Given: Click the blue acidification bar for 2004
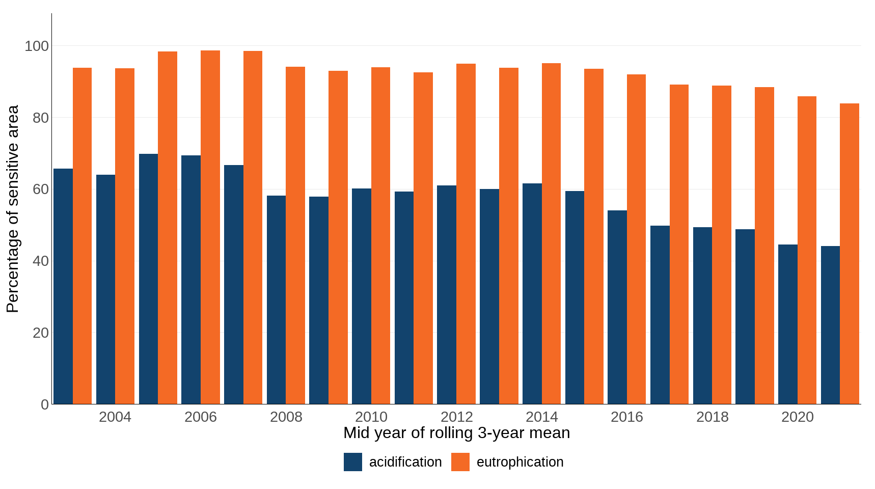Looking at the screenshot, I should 105,289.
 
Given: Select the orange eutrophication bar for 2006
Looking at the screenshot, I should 210,227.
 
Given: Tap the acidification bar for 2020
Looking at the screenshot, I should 787,324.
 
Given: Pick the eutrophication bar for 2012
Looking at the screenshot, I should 466,234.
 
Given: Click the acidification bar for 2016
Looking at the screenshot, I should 617,307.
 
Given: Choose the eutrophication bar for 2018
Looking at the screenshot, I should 721,244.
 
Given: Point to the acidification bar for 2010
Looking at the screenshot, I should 361,296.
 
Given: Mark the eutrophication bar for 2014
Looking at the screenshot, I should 551,233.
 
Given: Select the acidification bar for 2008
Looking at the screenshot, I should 276,300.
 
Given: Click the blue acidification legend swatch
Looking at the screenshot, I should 352,462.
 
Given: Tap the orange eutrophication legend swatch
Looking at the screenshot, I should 460,462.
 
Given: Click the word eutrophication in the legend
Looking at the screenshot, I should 519,462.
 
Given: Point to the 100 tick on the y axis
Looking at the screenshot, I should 37,46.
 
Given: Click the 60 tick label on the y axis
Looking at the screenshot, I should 40,189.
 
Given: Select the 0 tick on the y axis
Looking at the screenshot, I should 45,404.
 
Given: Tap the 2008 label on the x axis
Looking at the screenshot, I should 286,417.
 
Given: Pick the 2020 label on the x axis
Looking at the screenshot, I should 797,417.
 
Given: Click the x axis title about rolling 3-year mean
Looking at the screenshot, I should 456,433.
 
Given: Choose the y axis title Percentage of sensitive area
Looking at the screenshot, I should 12,209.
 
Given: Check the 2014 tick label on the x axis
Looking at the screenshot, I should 541,417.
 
